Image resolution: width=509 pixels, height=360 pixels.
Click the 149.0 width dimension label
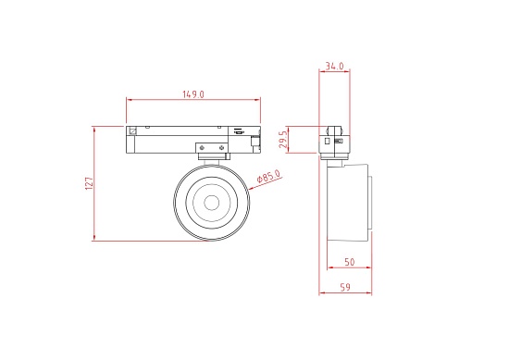click(x=192, y=93)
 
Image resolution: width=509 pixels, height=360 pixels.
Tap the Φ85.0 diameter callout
click(x=267, y=177)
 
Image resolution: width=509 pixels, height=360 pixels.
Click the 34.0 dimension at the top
click(x=335, y=67)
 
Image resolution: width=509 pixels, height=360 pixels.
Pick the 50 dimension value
click(x=349, y=263)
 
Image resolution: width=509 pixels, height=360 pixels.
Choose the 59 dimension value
click(x=345, y=289)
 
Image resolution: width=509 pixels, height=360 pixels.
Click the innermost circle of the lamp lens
click(x=211, y=203)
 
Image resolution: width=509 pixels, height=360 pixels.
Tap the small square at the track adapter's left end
click(x=132, y=130)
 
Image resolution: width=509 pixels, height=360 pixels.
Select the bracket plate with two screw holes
click(x=212, y=148)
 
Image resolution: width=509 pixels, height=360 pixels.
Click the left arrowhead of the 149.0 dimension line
click(x=129, y=99)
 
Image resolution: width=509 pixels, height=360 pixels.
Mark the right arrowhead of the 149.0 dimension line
click(x=260, y=99)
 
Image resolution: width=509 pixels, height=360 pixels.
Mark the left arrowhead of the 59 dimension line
click(x=322, y=295)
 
